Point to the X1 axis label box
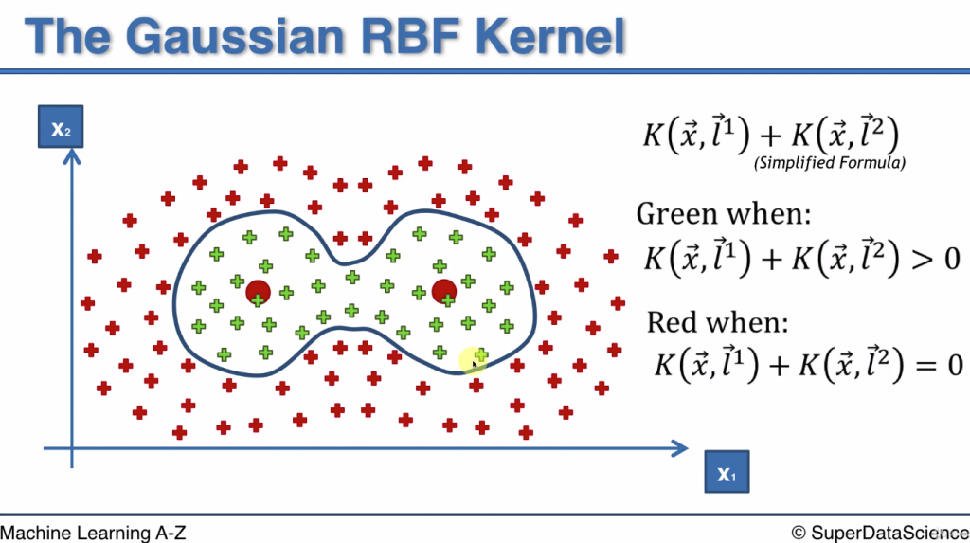pos(727,472)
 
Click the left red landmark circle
pos(258,293)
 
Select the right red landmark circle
pos(443,292)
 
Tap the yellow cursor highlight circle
pos(473,360)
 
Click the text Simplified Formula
pos(829,163)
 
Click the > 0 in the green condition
pos(938,258)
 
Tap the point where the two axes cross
pos(70,447)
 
